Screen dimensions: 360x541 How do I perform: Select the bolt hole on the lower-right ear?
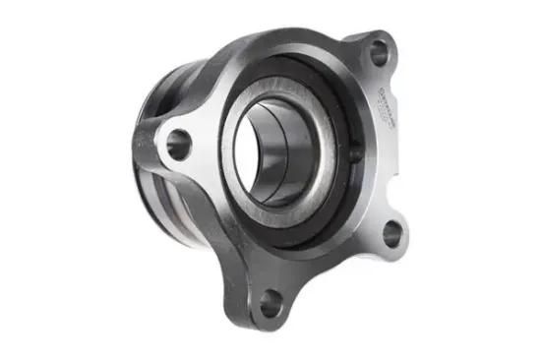coord(391,233)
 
